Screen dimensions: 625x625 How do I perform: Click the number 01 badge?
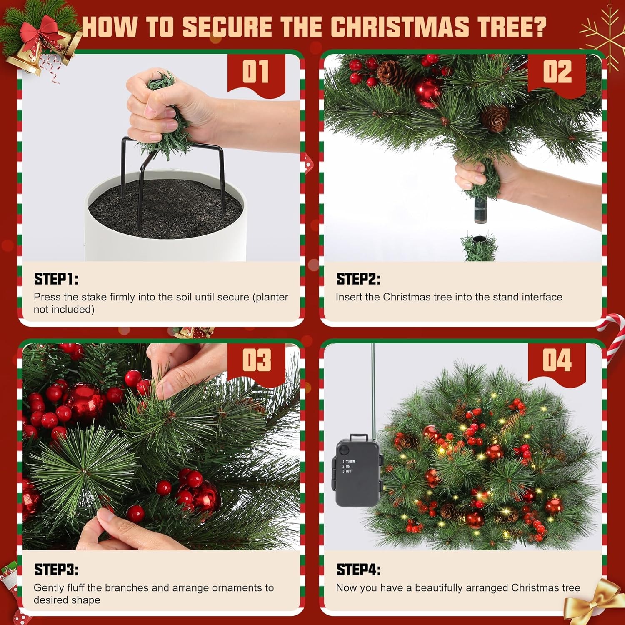coord(255,72)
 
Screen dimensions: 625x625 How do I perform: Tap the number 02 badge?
coord(557,72)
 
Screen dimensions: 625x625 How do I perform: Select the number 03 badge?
coord(255,360)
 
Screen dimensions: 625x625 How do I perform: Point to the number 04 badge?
coord(557,360)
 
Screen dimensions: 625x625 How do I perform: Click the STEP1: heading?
coord(56,279)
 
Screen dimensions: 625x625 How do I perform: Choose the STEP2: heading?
coord(358,279)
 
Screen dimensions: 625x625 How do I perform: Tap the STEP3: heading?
coord(56,570)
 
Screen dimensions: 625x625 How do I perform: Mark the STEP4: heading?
coord(358,570)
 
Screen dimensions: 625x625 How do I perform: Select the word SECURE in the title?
coord(227,27)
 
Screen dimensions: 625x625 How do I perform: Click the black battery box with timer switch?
coord(357,471)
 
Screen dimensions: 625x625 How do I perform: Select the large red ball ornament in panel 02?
coord(427,92)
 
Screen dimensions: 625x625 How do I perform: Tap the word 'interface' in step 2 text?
coord(542,297)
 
